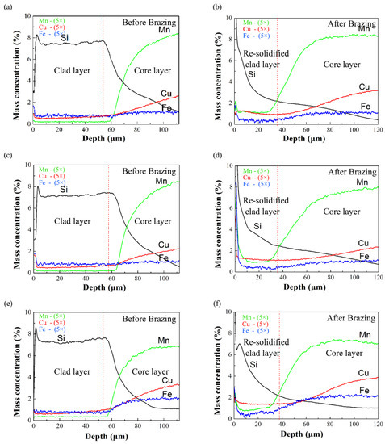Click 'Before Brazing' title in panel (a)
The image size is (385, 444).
(151, 21)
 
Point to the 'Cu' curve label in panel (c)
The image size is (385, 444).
(164, 243)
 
